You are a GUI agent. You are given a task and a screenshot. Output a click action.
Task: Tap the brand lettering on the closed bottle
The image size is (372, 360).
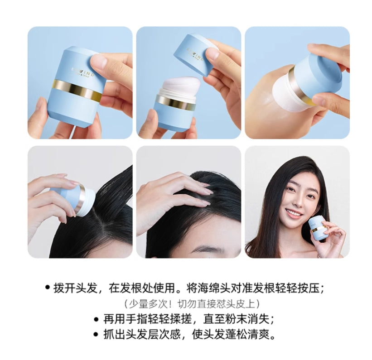click(x=82, y=72)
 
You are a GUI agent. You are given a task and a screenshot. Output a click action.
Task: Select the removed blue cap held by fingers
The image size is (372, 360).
click(x=193, y=52)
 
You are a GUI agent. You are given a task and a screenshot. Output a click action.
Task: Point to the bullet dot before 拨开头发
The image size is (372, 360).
click(x=47, y=288)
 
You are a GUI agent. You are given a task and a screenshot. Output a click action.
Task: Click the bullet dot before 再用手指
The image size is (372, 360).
click(x=96, y=319)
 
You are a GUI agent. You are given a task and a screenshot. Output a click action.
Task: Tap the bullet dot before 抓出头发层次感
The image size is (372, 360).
click(x=96, y=335)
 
